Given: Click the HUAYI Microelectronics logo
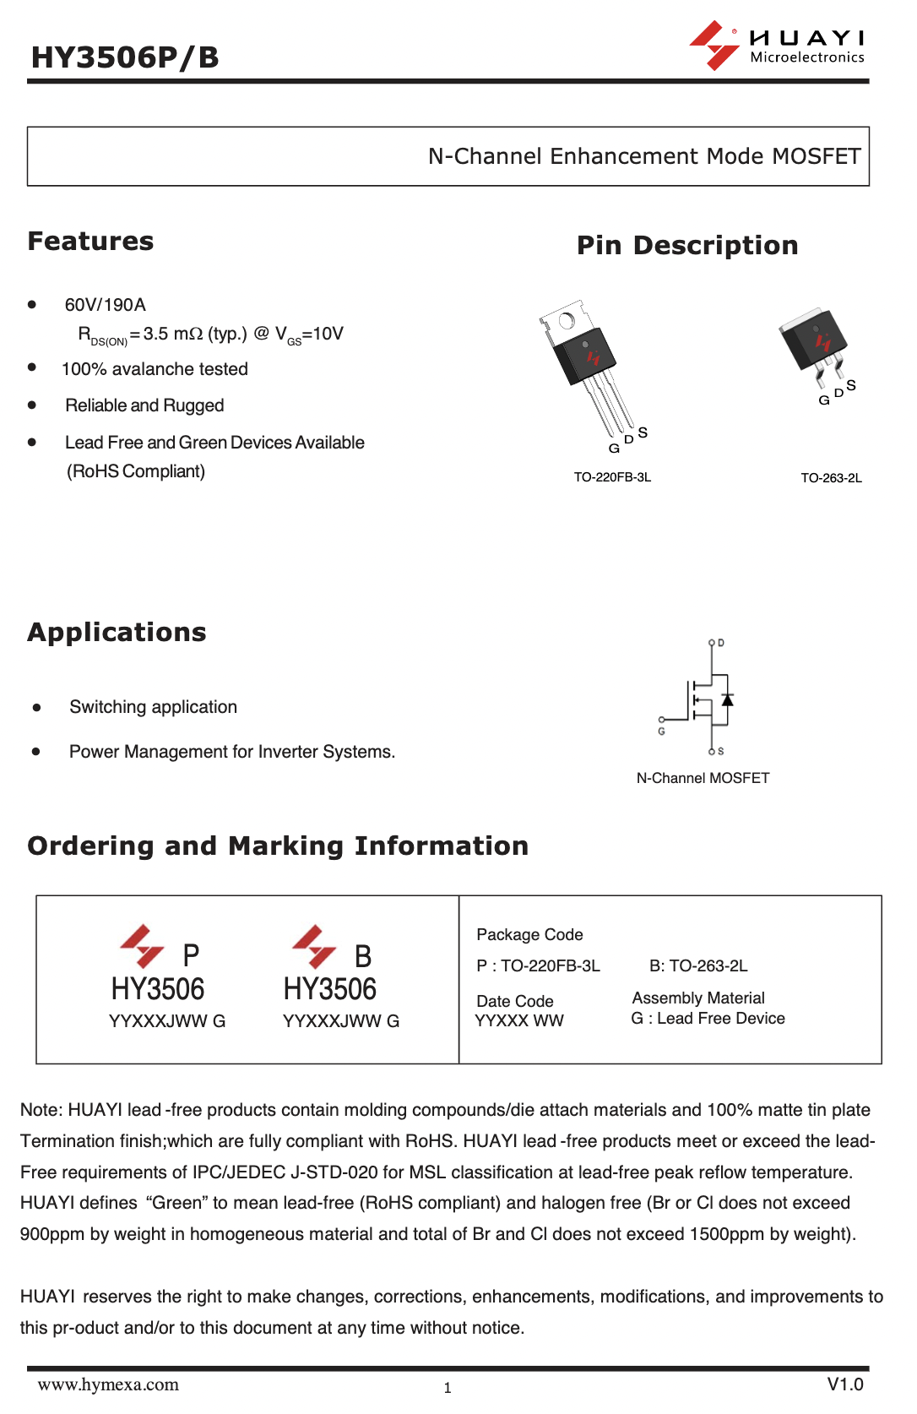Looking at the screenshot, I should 777,46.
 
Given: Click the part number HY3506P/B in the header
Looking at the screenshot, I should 125,57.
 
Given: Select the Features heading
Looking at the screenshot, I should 90,242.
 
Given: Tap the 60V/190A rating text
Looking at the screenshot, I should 106,305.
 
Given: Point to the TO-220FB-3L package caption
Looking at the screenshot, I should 612,478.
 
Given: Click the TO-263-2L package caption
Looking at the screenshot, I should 831,478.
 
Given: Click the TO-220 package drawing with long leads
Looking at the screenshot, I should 589,363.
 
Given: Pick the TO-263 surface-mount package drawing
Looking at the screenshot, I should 814,342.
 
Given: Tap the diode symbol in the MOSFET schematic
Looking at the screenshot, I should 727,699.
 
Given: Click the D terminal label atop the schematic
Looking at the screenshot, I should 720,644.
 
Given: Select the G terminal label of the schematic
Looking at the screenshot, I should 661,731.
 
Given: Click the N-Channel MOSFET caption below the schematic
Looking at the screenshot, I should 703,778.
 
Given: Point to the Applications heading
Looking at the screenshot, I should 117,633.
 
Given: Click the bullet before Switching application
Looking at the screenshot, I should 36,708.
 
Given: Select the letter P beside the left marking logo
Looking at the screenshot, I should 192,955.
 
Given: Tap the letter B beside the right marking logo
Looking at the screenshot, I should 363,956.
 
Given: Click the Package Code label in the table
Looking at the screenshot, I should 529,934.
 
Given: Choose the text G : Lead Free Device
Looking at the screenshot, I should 708,1019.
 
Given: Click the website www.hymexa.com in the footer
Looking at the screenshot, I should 108,1384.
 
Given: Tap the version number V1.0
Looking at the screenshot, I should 844,1384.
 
